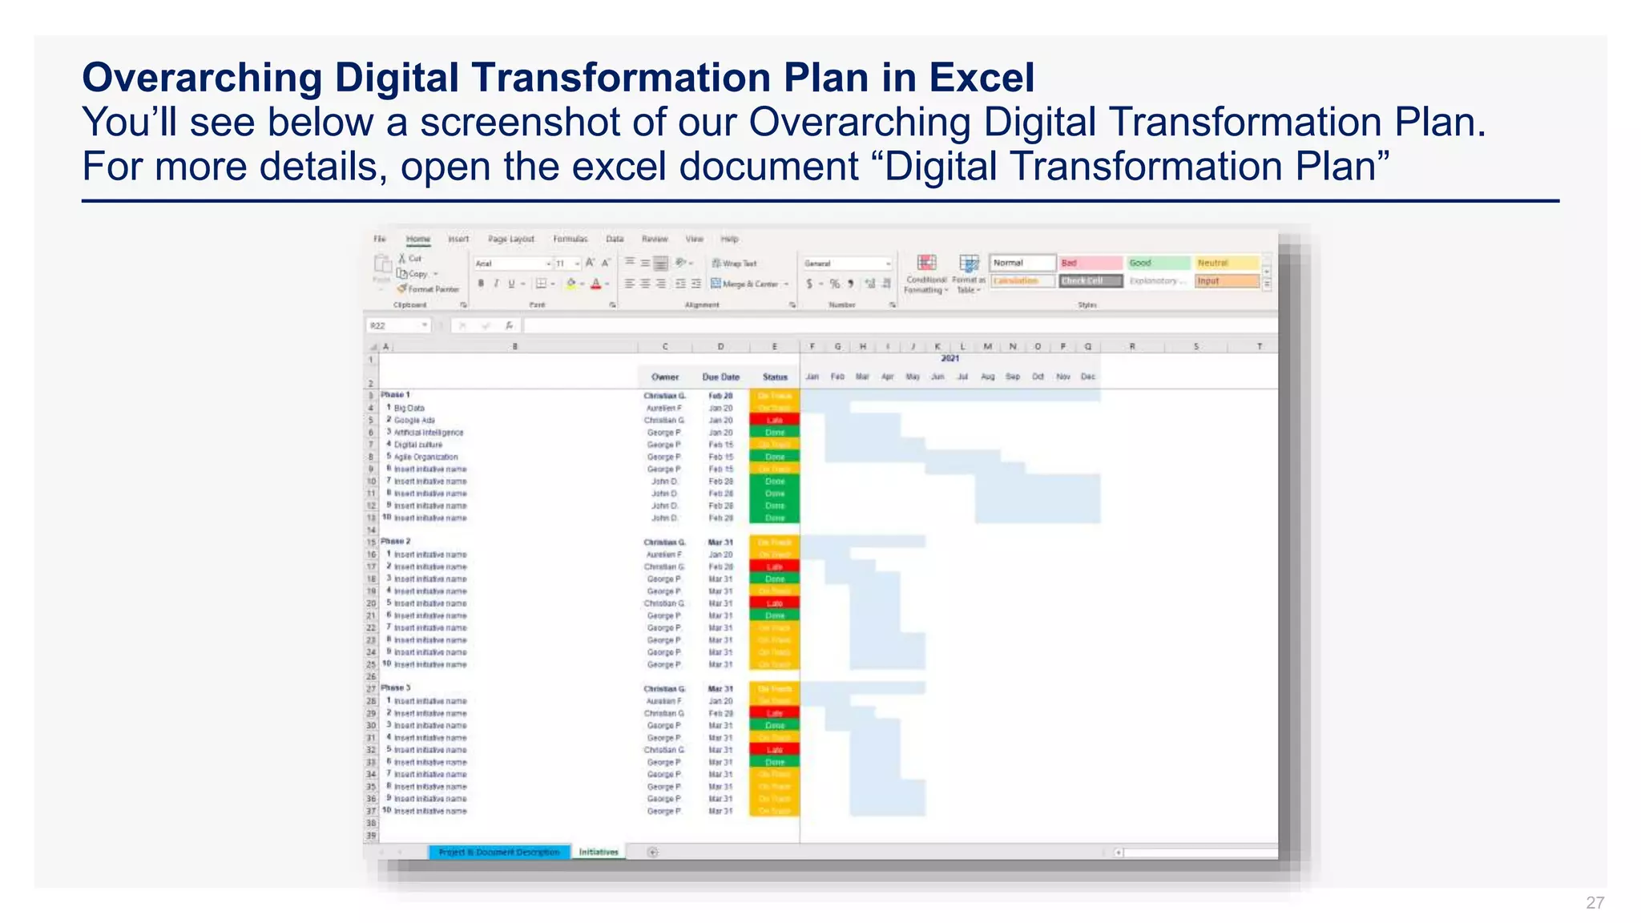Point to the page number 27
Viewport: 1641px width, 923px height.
[x=1595, y=903]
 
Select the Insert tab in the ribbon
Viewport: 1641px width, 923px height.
[x=458, y=239]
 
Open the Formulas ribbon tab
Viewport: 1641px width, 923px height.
[x=570, y=239]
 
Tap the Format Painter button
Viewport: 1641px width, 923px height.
[x=429, y=289]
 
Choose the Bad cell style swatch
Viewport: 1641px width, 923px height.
[x=1090, y=263]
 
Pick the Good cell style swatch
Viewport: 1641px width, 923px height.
[x=1158, y=263]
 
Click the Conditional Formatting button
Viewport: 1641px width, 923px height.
[x=926, y=273]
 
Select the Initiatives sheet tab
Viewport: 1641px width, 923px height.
[x=599, y=852]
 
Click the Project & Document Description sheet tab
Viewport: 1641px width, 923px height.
[x=499, y=852]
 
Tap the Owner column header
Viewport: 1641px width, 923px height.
[x=664, y=377]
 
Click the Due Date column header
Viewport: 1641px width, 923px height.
[x=720, y=377]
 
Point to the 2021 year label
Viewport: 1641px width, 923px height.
[x=950, y=358]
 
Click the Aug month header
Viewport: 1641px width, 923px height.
[x=988, y=377]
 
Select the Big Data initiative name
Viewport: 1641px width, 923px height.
[x=409, y=408]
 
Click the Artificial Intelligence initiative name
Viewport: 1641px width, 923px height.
[x=429, y=433]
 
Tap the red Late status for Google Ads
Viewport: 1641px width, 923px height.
[x=774, y=420]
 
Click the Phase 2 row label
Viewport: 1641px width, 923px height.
[x=395, y=542]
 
